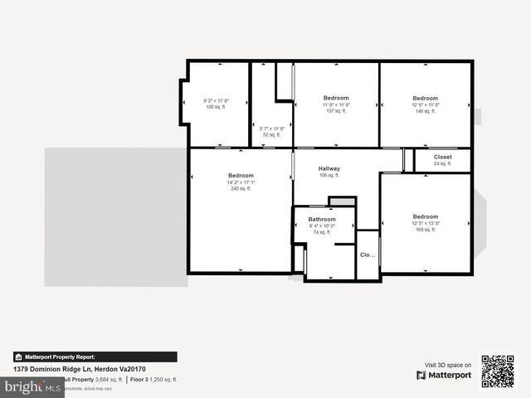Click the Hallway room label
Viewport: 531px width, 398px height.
click(329, 168)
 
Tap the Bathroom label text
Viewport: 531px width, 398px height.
click(322, 219)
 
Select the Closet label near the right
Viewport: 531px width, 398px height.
click(442, 156)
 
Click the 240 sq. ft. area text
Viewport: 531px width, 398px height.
click(240, 189)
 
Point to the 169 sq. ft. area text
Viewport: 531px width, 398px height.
click(425, 230)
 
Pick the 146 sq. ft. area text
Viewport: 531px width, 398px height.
click(425, 111)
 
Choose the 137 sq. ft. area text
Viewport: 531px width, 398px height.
click(336, 111)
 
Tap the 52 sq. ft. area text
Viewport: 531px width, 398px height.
click(272, 134)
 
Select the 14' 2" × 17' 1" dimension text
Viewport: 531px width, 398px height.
click(240, 182)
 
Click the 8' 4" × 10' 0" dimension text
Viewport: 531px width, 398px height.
click(322, 226)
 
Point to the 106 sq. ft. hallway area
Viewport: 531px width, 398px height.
click(329, 175)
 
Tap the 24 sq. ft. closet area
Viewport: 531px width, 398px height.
click(442, 163)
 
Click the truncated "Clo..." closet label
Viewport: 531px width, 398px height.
click(368, 255)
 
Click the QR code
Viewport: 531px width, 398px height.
click(498, 371)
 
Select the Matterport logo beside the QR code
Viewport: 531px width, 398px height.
click(444, 376)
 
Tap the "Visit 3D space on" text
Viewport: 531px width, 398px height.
click(448, 365)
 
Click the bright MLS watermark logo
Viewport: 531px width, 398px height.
click(32, 387)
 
